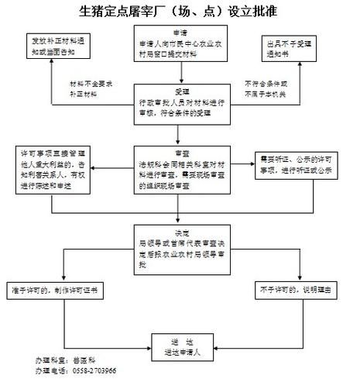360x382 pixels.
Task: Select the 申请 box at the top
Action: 179,46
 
